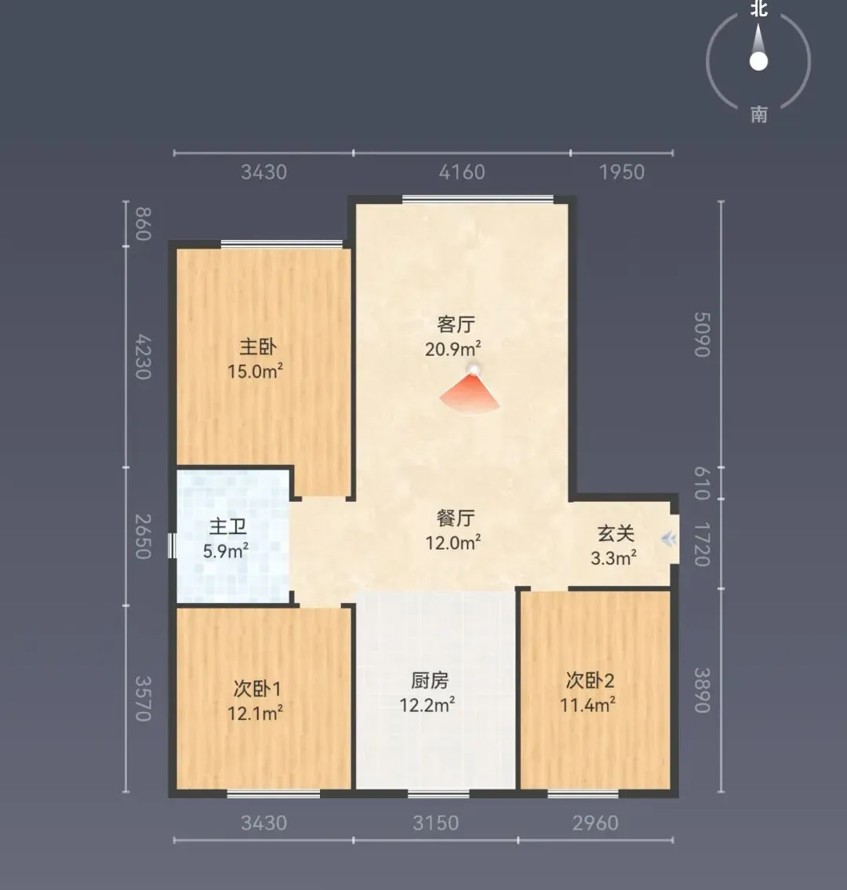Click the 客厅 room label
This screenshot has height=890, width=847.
(x=456, y=325)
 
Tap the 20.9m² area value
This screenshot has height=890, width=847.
(x=453, y=348)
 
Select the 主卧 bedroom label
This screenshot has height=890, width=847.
(x=258, y=347)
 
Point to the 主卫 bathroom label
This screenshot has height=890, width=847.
(x=227, y=527)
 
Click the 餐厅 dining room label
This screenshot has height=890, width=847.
(x=456, y=518)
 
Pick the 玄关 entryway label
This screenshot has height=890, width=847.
(x=616, y=534)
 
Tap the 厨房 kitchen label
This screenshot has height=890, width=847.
(x=430, y=680)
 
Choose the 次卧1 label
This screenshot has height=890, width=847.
(x=257, y=689)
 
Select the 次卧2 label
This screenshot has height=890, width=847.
(x=591, y=681)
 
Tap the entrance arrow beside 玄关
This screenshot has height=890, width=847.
(x=669, y=539)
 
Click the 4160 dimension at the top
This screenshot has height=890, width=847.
(x=462, y=172)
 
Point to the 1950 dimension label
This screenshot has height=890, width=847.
(x=622, y=172)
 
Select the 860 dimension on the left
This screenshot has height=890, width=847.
(x=143, y=224)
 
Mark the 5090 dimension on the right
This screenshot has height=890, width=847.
(x=702, y=334)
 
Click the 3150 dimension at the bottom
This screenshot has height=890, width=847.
(x=435, y=823)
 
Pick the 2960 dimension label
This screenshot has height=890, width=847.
(x=595, y=823)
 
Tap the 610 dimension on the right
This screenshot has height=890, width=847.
(x=702, y=483)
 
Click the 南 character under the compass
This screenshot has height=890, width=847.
(x=759, y=115)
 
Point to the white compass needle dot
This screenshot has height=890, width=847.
(x=758, y=61)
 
